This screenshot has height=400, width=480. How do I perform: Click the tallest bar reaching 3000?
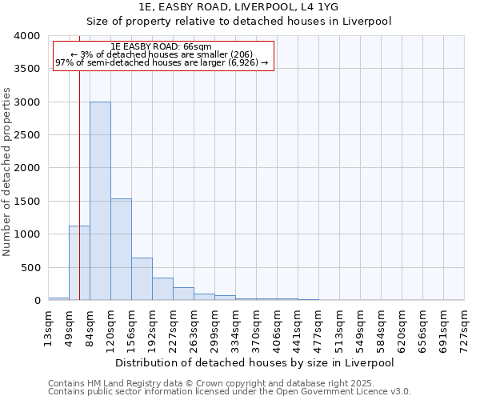click(x=100, y=201)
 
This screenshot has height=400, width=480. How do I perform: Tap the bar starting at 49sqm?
click(x=79, y=263)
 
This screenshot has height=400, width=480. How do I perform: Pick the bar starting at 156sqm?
click(x=142, y=279)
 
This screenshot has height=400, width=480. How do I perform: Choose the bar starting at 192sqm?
click(x=162, y=289)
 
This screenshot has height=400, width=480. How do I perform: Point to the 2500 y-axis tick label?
click(x=26, y=135)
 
